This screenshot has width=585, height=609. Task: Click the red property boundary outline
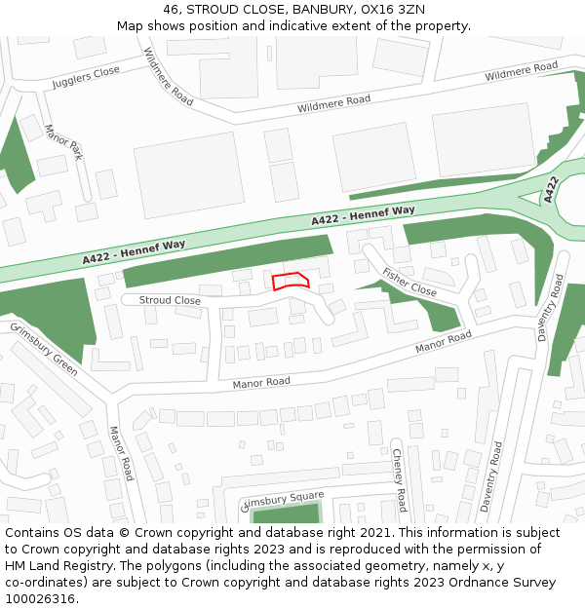[291, 282]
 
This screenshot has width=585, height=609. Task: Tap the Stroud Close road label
[170, 301]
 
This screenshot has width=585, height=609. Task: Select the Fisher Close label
[409, 282]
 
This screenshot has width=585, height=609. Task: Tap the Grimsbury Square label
[282, 500]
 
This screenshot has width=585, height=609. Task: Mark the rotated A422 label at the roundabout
[552, 189]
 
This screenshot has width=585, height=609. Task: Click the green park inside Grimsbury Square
[286, 514]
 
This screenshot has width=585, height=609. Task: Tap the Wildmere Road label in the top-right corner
[521, 71]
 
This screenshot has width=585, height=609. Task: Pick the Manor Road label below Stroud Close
[261, 383]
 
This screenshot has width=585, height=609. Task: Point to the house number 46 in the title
[172, 10]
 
